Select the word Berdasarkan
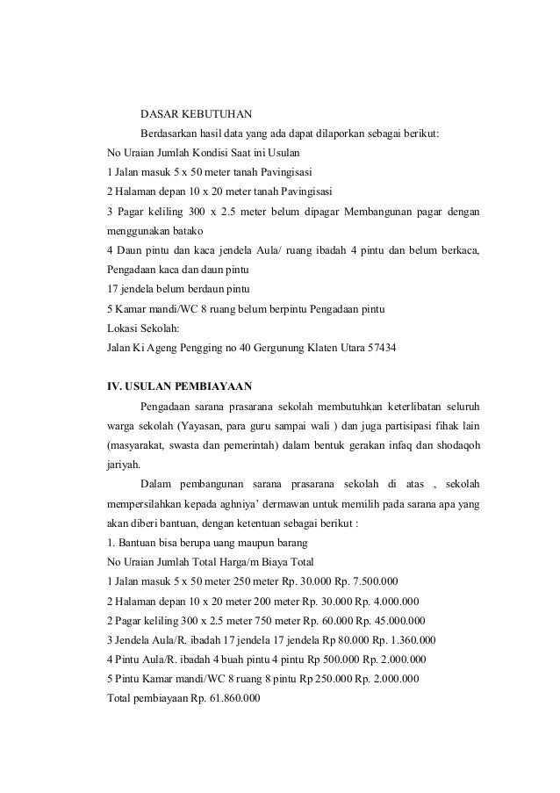click(x=170, y=133)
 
